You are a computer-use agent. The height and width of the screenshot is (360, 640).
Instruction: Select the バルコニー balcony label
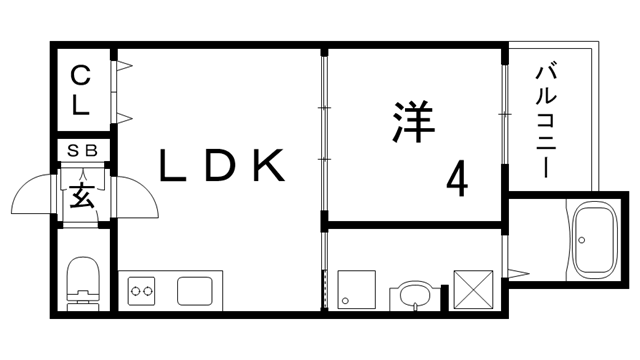(547, 120)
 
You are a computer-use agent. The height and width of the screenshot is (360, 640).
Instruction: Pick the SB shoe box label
(82, 150)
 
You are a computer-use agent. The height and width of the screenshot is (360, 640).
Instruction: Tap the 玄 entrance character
(82, 195)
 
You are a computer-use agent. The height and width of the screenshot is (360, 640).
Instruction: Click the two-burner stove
(143, 291)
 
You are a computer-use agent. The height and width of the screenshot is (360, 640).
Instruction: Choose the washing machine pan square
(354, 287)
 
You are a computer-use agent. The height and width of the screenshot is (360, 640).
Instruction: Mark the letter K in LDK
(269, 167)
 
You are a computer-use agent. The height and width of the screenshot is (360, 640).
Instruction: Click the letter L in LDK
(176, 167)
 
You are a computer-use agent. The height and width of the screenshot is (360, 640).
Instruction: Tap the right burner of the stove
(150, 291)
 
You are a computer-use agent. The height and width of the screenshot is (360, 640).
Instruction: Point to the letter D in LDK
(222, 167)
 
